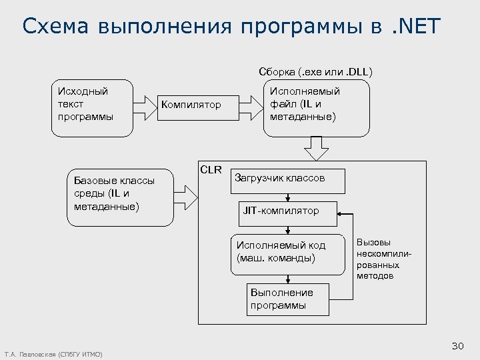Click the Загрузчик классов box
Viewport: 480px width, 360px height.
(288, 179)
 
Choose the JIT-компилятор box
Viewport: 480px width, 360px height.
(288, 211)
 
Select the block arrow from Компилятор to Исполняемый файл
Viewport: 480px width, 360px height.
(251, 105)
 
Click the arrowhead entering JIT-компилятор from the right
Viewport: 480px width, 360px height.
(341, 214)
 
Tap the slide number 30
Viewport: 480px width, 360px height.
(457, 345)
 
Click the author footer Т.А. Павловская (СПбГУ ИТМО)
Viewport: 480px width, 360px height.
(53, 354)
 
